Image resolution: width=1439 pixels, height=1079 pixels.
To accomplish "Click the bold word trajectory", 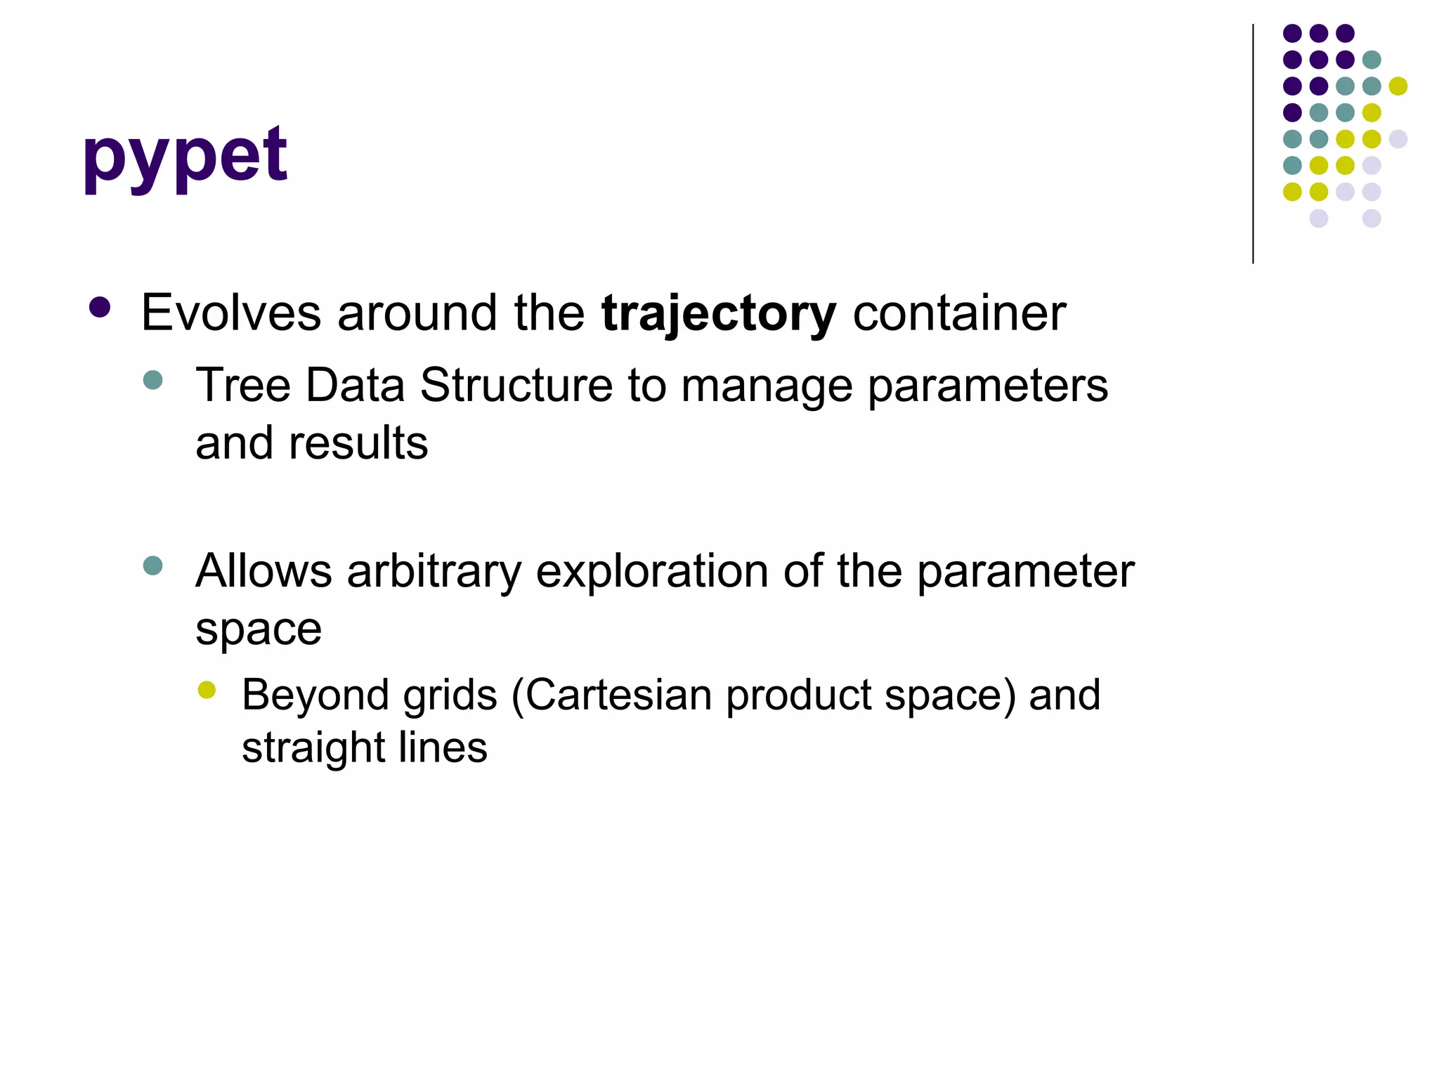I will point(718,313).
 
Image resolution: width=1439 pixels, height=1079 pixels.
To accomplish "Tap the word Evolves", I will point(231,313).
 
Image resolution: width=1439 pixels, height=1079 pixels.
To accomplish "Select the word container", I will point(959,313).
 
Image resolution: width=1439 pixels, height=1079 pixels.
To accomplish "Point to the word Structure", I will point(516,386).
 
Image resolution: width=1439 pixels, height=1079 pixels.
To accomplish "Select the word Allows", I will point(263,571).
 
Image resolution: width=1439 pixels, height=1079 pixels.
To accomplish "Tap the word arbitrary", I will point(434,571).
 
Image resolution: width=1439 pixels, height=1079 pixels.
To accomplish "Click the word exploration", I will point(651,571).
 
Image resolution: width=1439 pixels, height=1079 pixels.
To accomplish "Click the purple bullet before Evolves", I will point(100,308).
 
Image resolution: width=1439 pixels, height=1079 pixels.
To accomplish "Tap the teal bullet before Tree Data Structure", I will point(152,381).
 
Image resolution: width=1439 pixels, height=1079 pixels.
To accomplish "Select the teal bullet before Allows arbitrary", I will point(152,565).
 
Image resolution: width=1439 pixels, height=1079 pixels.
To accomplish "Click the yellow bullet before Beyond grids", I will point(207,690).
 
